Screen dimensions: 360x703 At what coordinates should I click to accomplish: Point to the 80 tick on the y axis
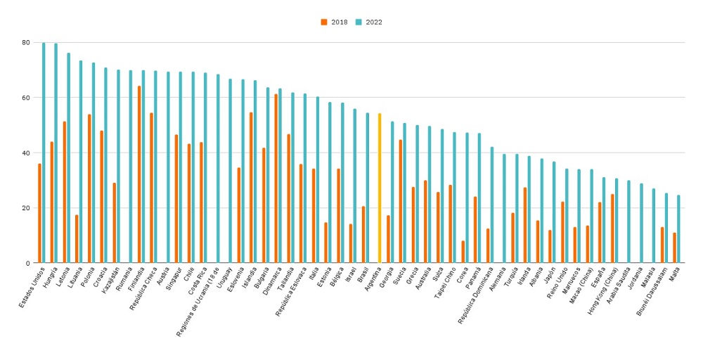pos(25,42)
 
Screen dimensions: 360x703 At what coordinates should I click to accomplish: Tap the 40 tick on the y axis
pos(25,153)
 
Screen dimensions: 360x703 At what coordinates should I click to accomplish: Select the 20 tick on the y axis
pos(25,208)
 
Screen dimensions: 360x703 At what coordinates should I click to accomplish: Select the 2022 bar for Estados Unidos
pos(44,153)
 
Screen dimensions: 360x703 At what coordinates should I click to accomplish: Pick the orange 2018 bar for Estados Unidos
pos(39,213)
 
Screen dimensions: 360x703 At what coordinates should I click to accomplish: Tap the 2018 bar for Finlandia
pos(139,174)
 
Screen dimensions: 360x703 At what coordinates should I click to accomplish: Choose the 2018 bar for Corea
pos(463,252)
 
